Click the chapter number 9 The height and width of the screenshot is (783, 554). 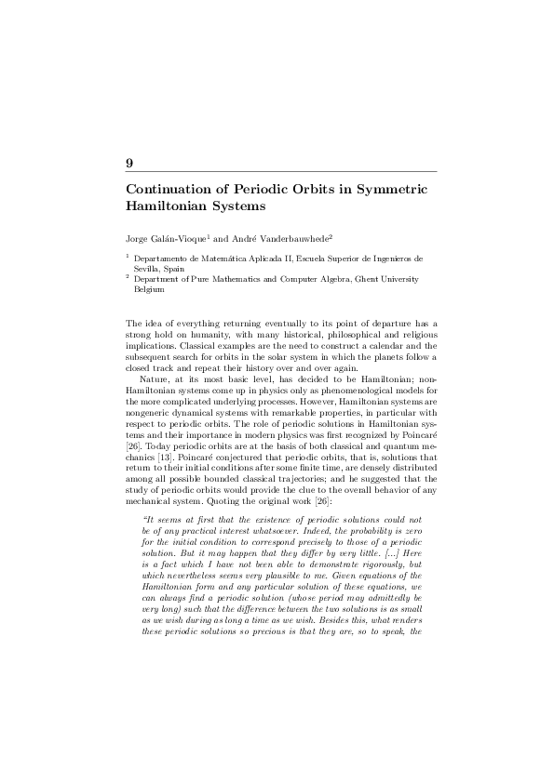pyautogui.click(x=129, y=163)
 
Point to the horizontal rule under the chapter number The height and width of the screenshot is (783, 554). pyautogui.click(x=280, y=172)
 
